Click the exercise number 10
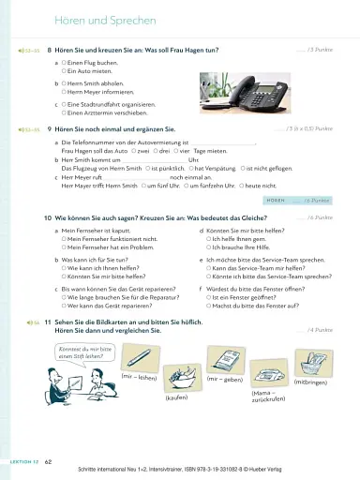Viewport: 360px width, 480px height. click(x=47, y=217)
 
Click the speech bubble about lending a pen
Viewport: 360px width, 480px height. click(x=77, y=352)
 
